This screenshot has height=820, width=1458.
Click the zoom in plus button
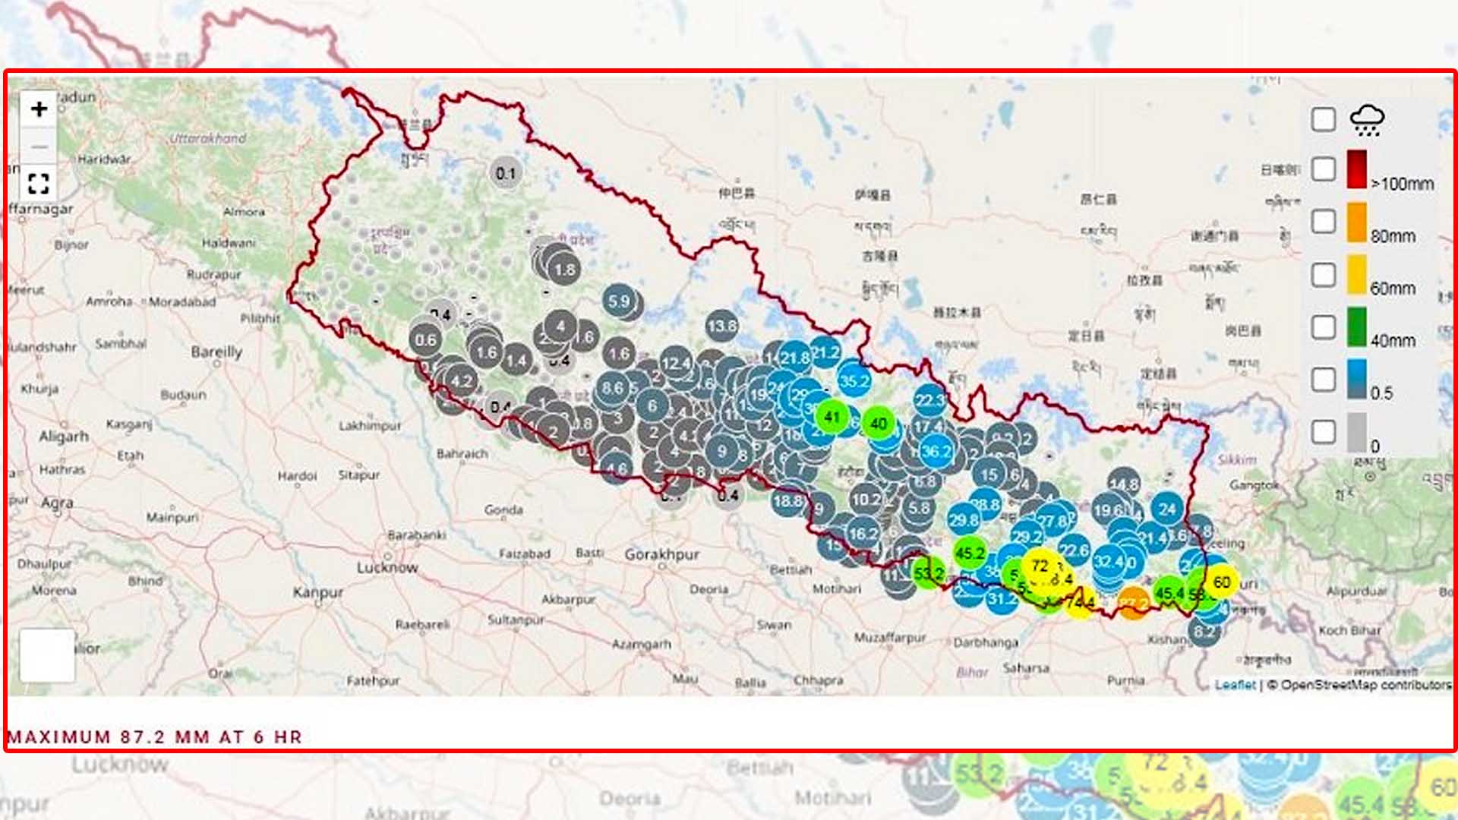pyautogui.click(x=39, y=109)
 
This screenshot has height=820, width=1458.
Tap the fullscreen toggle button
pyautogui.click(x=39, y=183)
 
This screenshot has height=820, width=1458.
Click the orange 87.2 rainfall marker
pyautogui.click(x=1133, y=603)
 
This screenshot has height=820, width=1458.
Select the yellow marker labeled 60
pyautogui.click(x=1222, y=582)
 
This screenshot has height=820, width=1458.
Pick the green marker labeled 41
pyautogui.click(x=832, y=416)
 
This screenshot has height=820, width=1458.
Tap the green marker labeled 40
pyautogui.click(x=879, y=423)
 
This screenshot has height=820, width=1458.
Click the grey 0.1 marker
pyautogui.click(x=506, y=174)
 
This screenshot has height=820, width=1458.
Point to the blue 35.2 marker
pyautogui.click(x=854, y=380)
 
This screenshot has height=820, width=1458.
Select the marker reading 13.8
pyautogui.click(x=721, y=326)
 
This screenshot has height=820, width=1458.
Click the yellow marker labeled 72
pyautogui.click(x=1040, y=566)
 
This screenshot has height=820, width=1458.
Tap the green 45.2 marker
pyautogui.click(x=970, y=553)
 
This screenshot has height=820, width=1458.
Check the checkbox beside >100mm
pyautogui.click(x=1324, y=169)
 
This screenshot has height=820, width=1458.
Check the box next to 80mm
pyautogui.click(x=1324, y=222)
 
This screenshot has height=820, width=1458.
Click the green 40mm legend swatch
pyautogui.click(x=1357, y=327)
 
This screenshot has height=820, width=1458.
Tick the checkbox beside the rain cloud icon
pyautogui.click(x=1324, y=119)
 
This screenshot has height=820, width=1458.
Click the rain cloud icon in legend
pyautogui.click(x=1367, y=119)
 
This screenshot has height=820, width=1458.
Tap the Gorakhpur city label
pyautogui.click(x=661, y=554)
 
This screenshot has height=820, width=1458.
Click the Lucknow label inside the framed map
pyautogui.click(x=387, y=567)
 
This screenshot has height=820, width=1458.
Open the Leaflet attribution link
pyautogui.click(x=1235, y=685)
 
